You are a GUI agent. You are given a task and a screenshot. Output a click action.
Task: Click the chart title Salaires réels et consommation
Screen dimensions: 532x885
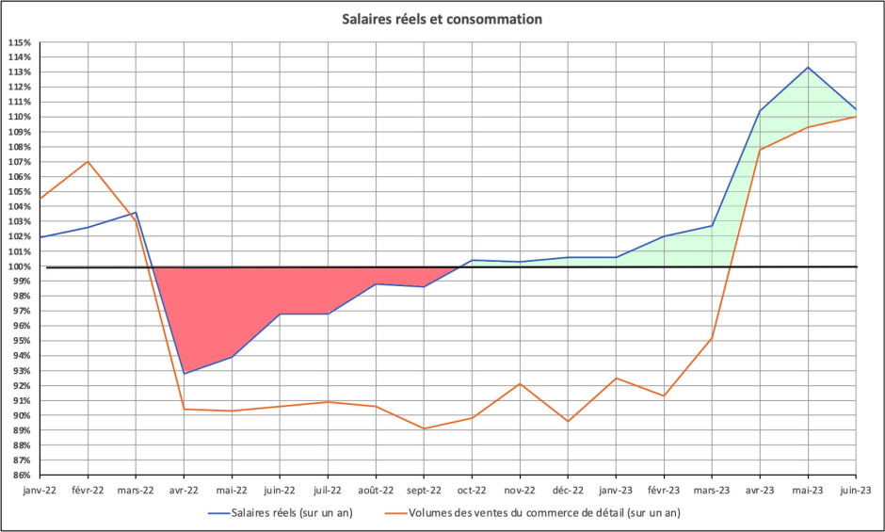click(442, 19)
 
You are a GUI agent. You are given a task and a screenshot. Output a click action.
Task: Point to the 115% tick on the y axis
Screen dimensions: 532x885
click(20, 42)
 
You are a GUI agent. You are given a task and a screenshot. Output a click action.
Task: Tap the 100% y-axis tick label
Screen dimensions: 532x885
click(20, 266)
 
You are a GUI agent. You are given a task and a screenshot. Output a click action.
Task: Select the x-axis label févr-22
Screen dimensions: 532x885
click(88, 490)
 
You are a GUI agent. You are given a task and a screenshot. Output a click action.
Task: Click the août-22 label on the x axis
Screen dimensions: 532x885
click(376, 490)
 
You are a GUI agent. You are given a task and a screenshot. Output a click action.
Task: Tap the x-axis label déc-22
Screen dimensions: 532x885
click(568, 490)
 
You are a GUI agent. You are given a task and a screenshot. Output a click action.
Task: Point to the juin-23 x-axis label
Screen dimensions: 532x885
click(855, 490)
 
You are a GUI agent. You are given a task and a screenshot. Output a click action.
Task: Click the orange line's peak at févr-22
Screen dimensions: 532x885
click(88, 161)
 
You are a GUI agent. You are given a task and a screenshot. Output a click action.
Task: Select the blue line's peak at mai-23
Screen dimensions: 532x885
click(807, 67)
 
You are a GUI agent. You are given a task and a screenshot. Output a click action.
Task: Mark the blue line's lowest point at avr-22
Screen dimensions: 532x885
click(184, 374)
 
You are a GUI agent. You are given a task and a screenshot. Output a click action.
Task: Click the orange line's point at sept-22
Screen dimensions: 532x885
click(424, 428)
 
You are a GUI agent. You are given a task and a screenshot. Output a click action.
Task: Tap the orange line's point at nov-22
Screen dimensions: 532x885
click(520, 383)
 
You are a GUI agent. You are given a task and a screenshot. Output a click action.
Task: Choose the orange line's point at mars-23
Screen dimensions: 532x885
click(712, 338)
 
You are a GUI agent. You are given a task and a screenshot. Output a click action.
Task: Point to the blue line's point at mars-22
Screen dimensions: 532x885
click(136, 213)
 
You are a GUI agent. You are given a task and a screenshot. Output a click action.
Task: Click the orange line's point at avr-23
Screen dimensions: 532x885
click(760, 150)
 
